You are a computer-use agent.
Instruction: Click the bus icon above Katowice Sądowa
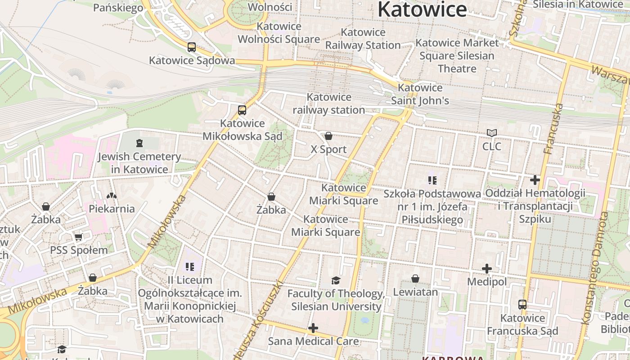point(191,47)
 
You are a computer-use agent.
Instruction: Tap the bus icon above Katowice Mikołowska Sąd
point(242,110)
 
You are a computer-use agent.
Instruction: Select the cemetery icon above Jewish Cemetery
point(139,143)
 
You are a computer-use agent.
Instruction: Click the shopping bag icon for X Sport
point(328,136)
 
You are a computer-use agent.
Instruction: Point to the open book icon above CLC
point(491,133)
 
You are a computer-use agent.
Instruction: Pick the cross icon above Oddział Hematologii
point(535,180)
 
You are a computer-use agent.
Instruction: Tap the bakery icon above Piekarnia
point(111,196)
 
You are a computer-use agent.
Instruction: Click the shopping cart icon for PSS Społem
point(78,237)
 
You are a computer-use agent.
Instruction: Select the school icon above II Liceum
point(190,267)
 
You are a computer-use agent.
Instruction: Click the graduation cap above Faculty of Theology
point(336,281)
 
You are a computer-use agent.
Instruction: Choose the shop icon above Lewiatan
point(415,279)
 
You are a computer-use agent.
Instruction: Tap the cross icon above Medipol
point(486,269)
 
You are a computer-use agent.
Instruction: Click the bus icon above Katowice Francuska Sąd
point(522,305)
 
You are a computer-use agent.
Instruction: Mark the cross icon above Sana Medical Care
point(313,328)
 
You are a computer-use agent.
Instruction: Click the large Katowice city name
point(422,10)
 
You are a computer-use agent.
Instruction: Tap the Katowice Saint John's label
point(420,94)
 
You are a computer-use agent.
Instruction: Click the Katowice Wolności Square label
point(279,33)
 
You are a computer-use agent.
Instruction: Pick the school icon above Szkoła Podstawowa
point(432,181)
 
